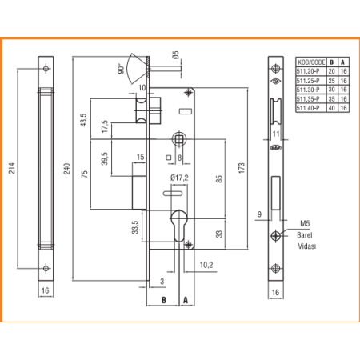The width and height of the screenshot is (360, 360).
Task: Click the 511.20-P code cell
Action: (308, 71)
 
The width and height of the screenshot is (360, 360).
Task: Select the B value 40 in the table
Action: (331, 108)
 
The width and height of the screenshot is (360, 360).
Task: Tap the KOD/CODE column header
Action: (311, 62)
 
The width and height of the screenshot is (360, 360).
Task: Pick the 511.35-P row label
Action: (308, 99)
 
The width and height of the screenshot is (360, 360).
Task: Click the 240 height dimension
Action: (66, 169)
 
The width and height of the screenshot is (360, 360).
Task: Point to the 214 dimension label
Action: (11, 168)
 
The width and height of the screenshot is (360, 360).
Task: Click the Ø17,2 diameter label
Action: (179, 178)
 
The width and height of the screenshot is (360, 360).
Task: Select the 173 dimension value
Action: (242, 168)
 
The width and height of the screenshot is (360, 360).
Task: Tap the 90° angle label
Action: (121, 69)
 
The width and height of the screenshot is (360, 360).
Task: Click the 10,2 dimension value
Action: (206, 265)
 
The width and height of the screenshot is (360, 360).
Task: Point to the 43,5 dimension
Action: (83, 120)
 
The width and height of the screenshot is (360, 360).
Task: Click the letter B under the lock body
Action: (164, 300)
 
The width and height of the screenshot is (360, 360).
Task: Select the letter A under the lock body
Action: (186, 300)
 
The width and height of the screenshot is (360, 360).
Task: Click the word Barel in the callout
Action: (305, 235)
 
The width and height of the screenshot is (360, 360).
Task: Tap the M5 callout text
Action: (305, 223)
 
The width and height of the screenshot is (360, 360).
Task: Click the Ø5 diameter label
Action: (175, 55)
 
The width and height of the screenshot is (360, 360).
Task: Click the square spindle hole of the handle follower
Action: (179, 139)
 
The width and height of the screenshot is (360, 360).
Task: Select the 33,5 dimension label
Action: (135, 227)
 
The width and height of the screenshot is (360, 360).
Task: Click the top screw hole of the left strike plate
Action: (46, 69)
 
